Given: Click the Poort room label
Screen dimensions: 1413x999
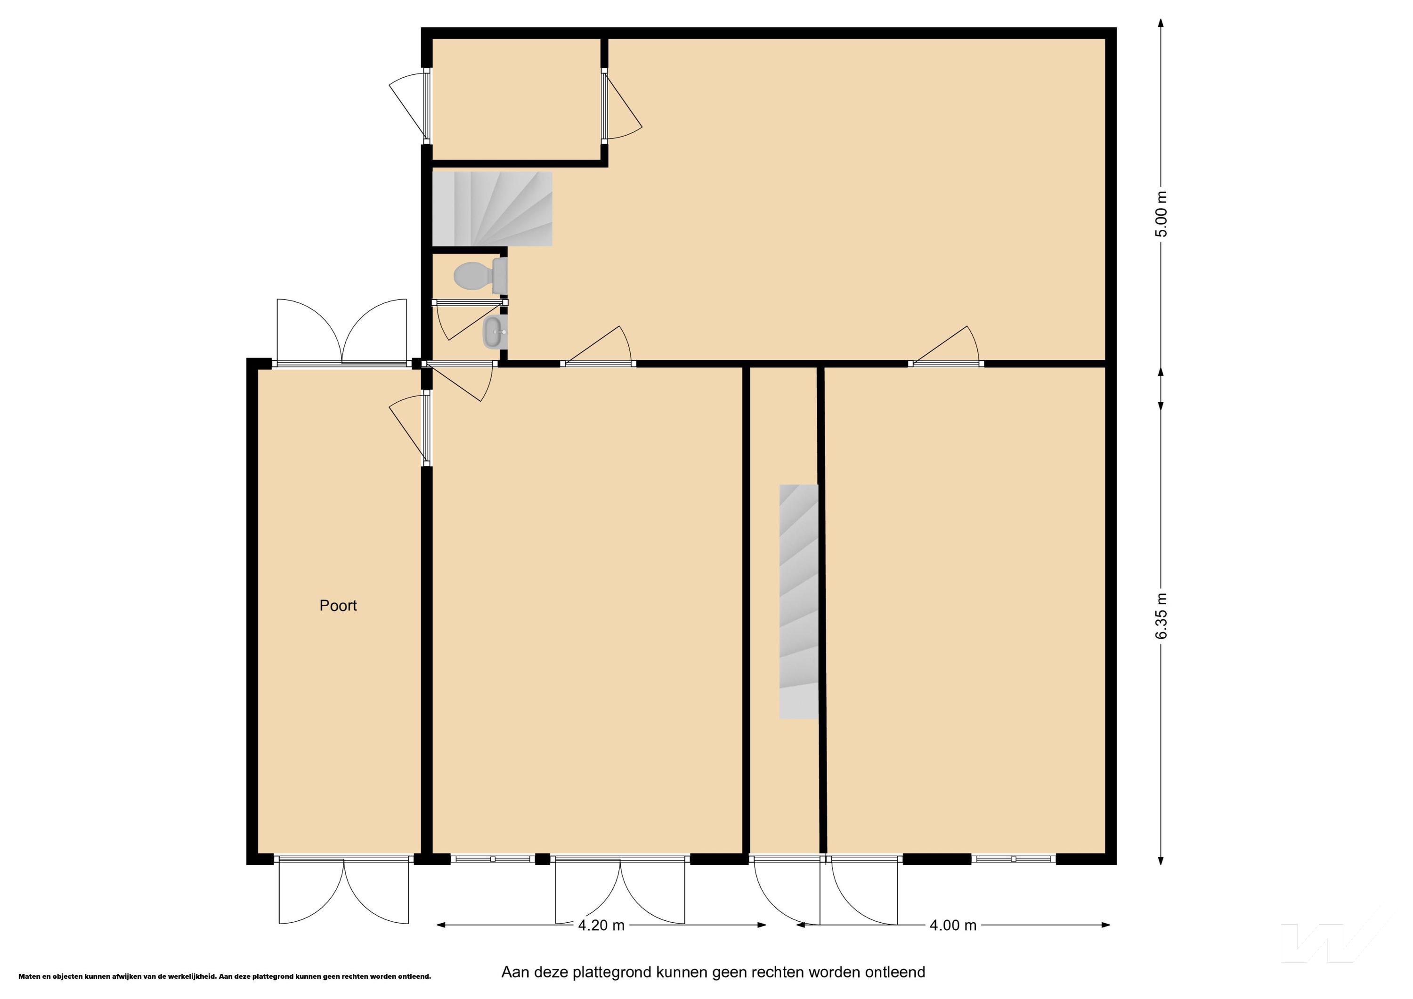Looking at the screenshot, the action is pyautogui.click(x=338, y=606).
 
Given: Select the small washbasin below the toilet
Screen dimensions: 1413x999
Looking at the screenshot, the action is pyautogui.click(x=495, y=333).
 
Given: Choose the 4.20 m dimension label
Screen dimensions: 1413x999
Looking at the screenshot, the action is pyautogui.click(x=601, y=925).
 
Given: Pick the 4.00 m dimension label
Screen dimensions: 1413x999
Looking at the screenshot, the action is pyautogui.click(x=953, y=925).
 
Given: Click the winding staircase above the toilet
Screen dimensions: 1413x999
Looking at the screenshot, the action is pyautogui.click(x=492, y=209).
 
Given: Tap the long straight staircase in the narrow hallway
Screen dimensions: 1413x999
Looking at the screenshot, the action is pyautogui.click(x=799, y=601).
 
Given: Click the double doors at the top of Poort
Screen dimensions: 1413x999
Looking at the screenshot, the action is pyautogui.click(x=342, y=333).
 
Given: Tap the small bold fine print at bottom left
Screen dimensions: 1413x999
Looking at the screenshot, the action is pyautogui.click(x=225, y=976).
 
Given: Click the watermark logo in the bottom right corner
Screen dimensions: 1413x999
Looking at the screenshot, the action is pyautogui.click(x=1335, y=942).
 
